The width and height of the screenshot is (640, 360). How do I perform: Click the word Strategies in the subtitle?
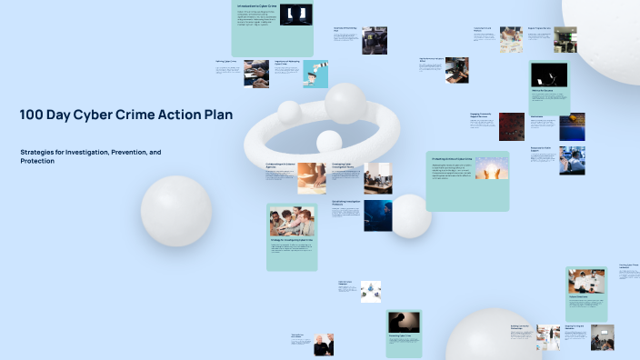tap(39, 152)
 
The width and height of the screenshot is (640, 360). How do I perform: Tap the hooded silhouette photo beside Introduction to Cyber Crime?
tap(296, 14)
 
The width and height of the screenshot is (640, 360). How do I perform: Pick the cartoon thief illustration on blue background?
tap(315, 73)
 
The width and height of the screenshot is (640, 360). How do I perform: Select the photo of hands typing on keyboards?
tap(255, 73)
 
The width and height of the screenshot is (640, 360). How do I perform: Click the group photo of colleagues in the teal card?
tap(292, 221)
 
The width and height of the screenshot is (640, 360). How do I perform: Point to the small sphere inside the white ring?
tap(328, 141)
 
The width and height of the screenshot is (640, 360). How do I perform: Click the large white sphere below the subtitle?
tap(176, 210)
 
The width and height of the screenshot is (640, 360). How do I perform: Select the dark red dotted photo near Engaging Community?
tap(511, 126)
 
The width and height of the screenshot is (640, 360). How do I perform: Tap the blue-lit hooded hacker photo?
tap(378, 215)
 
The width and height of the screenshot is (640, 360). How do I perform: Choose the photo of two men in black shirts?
tap(324, 345)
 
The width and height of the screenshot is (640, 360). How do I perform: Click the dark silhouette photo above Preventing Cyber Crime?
tap(405, 321)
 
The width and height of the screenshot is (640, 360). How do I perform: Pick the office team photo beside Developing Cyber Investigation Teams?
tap(377, 178)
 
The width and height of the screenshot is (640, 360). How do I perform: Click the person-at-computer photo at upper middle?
tap(375, 40)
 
